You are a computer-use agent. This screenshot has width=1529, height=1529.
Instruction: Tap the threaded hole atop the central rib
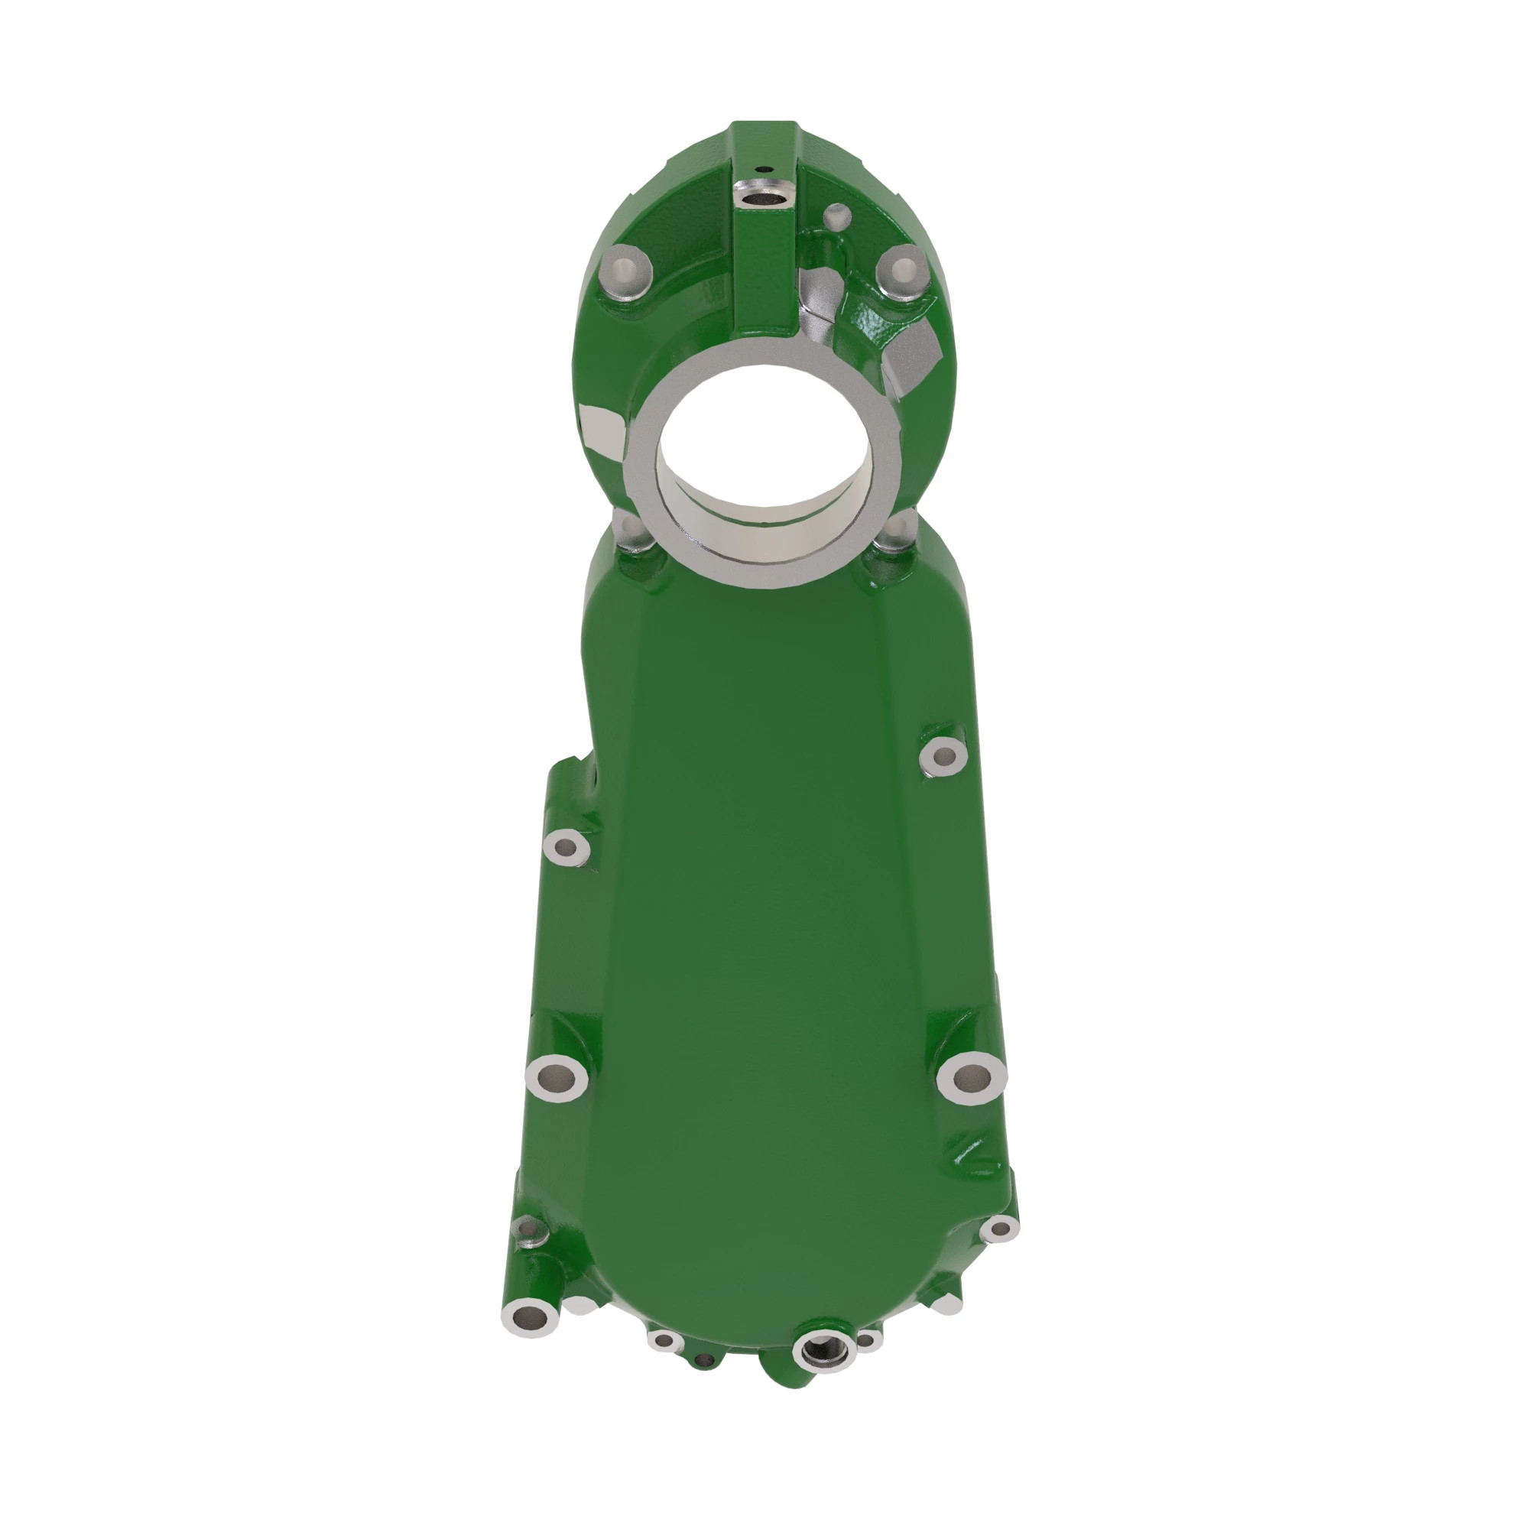click(x=764, y=192)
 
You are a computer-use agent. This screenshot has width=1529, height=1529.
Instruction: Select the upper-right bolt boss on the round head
click(x=902, y=269)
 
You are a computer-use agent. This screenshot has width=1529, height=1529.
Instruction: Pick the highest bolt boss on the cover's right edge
click(x=943, y=757)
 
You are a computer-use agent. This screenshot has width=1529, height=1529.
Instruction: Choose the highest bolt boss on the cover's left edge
click(x=566, y=848)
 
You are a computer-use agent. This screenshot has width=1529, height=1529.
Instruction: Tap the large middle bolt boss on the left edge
click(x=557, y=1076)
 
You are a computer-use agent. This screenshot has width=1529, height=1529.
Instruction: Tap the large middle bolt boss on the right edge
click(x=971, y=1077)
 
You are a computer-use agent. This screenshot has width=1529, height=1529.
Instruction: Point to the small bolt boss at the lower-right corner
click(x=999, y=1229)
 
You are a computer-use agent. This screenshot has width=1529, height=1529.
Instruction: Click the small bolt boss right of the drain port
click(x=868, y=1341)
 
